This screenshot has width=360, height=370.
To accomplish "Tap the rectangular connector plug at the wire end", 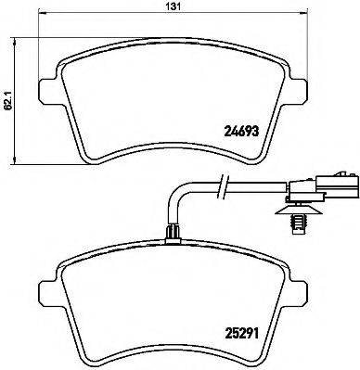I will (x=331, y=190).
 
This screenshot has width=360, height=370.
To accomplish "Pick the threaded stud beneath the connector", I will (x=328, y=223).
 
